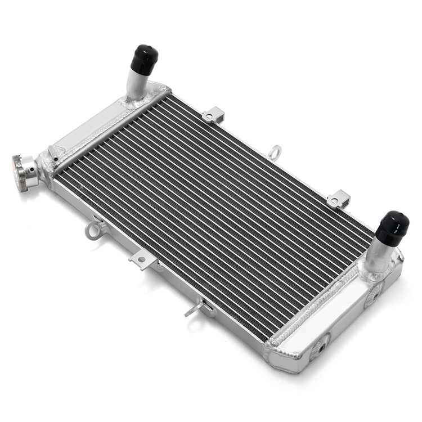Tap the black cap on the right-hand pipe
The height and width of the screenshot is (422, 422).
pos(392,227)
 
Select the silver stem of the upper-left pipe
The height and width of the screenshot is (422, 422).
pos(136,84)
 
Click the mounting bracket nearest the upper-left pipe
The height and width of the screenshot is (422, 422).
pos(213,115)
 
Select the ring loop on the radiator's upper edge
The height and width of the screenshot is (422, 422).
pos(275,151)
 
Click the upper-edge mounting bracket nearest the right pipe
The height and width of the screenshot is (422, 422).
pos(338,199)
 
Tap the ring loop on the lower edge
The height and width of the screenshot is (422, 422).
pos(93,230)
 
